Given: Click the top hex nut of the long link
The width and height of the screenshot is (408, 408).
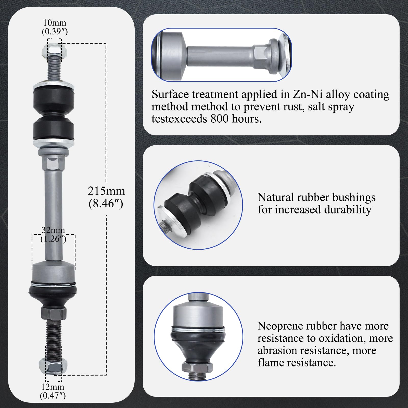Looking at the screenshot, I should click(54, 50).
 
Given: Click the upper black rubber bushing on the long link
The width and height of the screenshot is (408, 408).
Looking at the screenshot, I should click(54, 99).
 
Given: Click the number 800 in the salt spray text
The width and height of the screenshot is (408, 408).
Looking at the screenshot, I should click(220, 119).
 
